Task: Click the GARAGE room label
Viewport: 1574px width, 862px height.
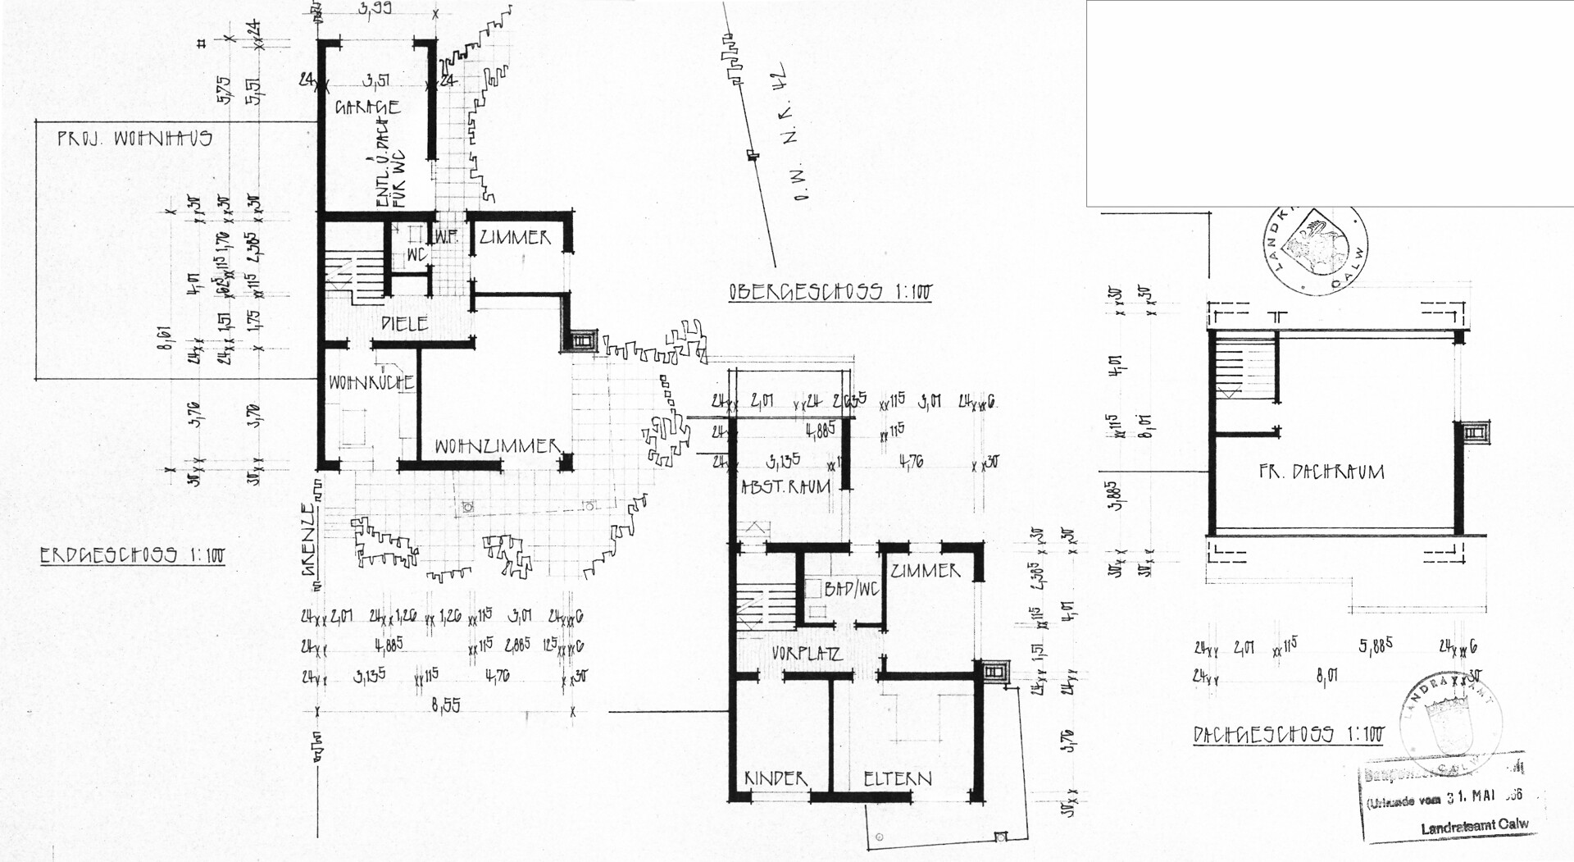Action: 367,107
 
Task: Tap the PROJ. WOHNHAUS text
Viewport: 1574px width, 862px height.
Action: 134,139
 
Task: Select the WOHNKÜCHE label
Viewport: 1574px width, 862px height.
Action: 371,383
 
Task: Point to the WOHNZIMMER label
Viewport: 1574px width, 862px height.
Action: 496,447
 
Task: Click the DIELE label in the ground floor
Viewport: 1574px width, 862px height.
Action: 405,324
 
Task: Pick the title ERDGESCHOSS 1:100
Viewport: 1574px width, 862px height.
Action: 132,555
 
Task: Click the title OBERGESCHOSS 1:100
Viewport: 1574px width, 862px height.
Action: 830,292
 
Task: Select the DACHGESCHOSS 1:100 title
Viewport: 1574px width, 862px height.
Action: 1288,734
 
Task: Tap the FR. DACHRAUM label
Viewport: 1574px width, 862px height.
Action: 1321,472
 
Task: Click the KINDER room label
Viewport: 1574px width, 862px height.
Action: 776,778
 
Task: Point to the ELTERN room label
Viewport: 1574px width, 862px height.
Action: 898,778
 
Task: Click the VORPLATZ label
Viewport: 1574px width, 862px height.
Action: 807,654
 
